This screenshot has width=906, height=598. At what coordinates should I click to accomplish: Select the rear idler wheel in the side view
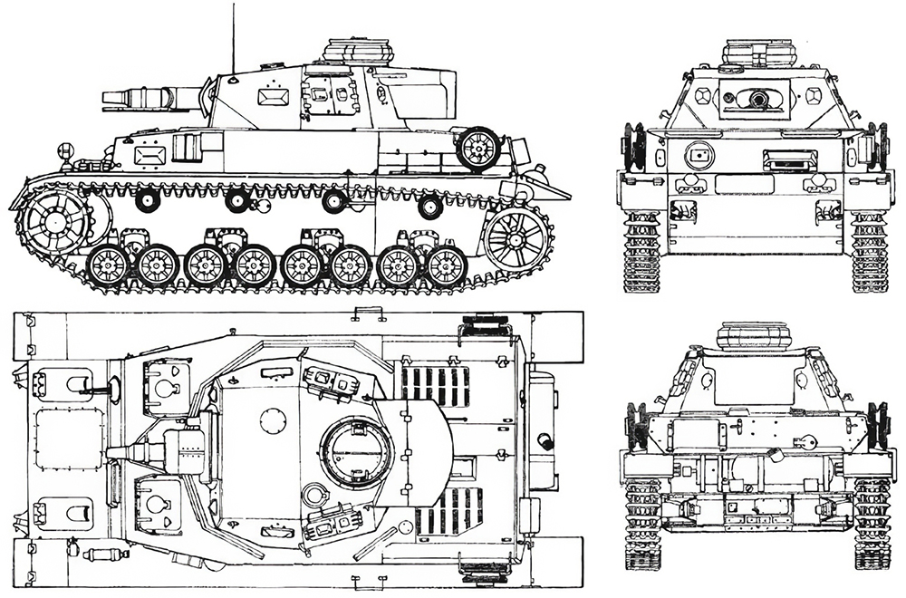[517, 240]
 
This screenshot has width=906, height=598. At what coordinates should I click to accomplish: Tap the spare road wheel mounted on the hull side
[477, 148]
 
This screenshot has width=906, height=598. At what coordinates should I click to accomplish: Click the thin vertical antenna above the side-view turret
[233, 36]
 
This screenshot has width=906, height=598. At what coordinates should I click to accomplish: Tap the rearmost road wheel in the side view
[446, 266]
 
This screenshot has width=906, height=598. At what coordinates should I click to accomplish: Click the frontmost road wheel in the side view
[108, 265]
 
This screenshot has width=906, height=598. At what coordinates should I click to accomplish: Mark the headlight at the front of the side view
[63, 150]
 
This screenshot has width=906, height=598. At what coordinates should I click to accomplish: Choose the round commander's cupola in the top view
[357, 451]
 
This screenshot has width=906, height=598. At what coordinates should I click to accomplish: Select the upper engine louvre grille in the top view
[435, 386]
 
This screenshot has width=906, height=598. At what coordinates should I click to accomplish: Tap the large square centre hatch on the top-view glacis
[68, 439]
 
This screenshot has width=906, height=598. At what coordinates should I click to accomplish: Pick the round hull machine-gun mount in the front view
[698, 156]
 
